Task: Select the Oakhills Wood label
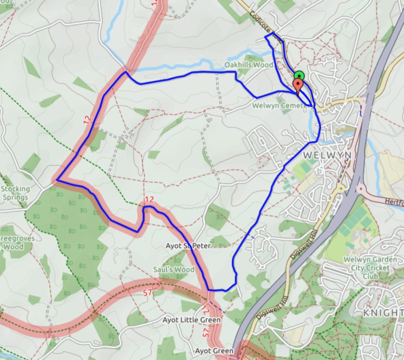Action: click(x=248, y=65)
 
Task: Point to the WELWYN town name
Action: click(x=327, y=155)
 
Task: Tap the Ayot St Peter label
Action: click(x=188, y=246)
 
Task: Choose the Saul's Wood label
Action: click(x=174, y=270)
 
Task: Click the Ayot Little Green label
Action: click(x=192, y=320)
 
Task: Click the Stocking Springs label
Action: click(x=15, y=193)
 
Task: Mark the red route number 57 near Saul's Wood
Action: click(x=148, y=292)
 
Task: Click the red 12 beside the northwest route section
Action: click(x=87, y=120)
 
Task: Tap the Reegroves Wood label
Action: click(x=15, y=243)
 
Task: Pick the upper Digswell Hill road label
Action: click(x=303, y=244)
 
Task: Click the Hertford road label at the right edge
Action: click(x=394, y=201)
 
